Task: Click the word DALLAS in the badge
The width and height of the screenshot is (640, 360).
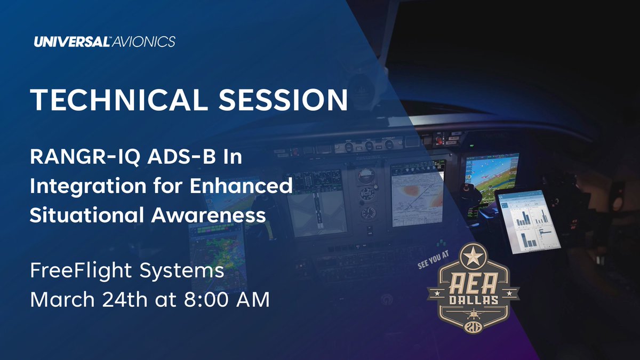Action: tap(473, 300)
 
